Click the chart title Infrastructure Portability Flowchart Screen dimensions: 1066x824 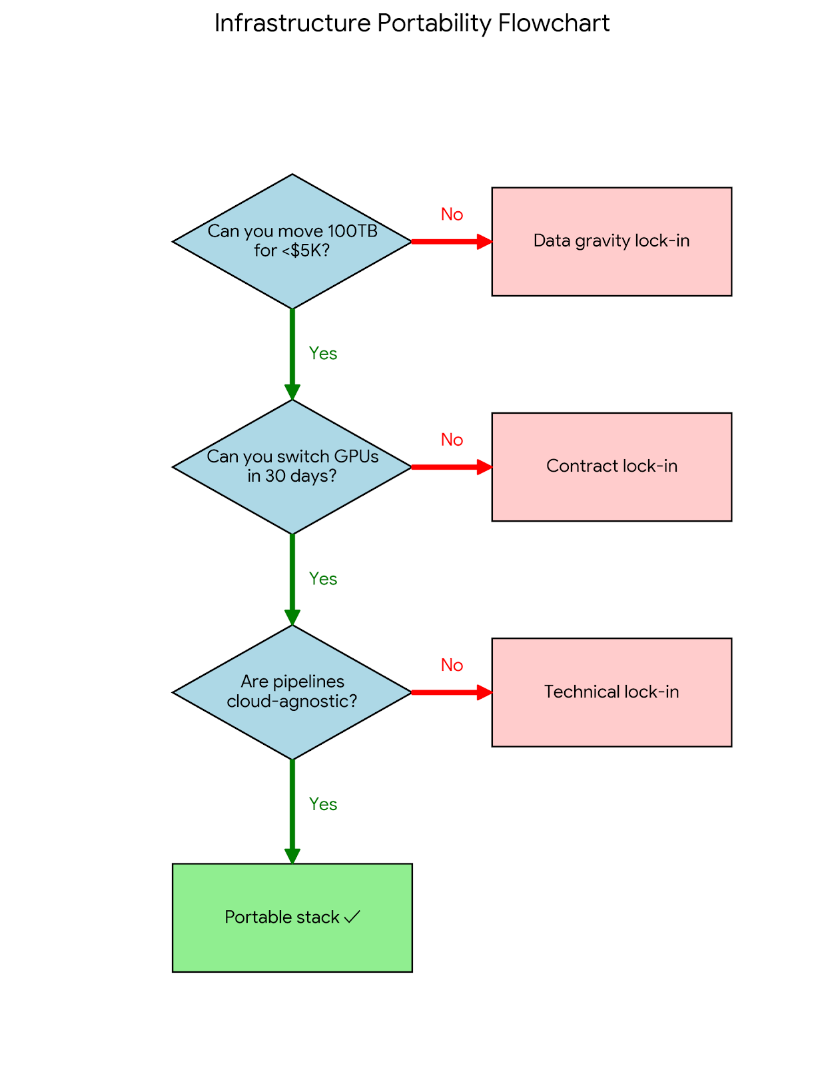pyautogui.click(x=412, y=23)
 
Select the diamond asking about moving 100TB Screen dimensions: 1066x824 pyautogui.click(x=292, y=241)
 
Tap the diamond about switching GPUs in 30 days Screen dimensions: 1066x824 pyautogui.click(x=292, y=466)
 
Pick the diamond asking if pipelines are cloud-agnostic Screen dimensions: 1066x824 pyautogui.click(x=292, y=692)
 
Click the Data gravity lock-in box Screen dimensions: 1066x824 pyautogui.click(x=611, y=241)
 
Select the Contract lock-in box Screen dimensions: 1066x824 pyautogui.click(x=611, y=466)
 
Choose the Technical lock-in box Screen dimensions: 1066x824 pyautogui.click(x=611, y=692)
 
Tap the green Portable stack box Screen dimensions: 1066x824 pyautogui.click(x=292, y=917)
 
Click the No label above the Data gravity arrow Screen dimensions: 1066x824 pyautogui.click(x=452, y=215)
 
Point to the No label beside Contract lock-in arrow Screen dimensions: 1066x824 pyautogui.click(x=452, y=440)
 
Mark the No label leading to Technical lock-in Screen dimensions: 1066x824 pyautogui.click(x=452, y=665)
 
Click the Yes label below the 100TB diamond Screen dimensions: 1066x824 pyautogui.click(x=323, y=354)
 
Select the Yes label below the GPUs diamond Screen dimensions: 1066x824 pyautogui.click(x=323, y=579)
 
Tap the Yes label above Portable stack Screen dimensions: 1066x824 pyautogui.click(x=323, y=804)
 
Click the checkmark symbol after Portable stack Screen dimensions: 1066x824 pyautogui.click(x=352, y=917)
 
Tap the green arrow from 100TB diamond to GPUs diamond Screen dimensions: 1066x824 pyautogui.click(x=292, y=354)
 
